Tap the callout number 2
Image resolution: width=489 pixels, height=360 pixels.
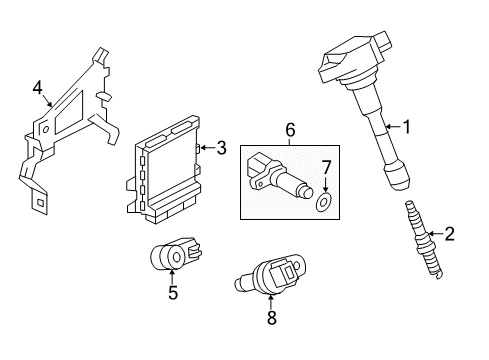449,234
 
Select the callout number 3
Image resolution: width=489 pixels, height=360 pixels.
221,148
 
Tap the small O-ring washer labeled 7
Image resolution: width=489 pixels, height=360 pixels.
323,204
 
